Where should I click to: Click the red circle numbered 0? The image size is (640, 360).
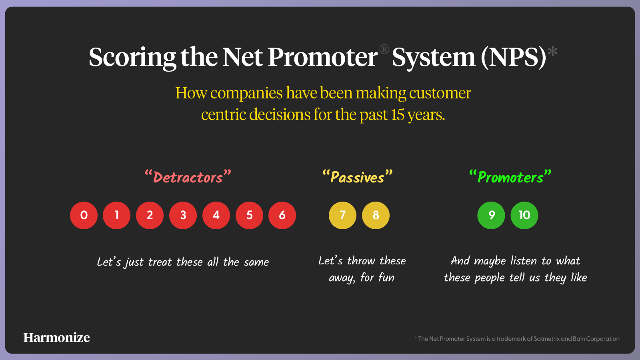(84, 215)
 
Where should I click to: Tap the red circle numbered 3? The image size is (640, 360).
(183, 215)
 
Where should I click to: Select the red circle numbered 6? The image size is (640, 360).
(282, 215)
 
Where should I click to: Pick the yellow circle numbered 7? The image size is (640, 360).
(342, 215)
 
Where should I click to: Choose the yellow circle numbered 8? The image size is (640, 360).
(376, 215)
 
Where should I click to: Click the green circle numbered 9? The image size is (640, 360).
(491, 215)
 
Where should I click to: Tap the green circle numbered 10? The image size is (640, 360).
(524, 215)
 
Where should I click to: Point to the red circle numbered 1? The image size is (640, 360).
(116, 215)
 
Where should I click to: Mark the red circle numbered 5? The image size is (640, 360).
(249, 215)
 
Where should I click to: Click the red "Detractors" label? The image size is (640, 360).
(188, 176)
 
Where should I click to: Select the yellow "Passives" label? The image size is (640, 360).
(358, 176)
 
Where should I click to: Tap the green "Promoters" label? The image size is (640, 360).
(510, 176)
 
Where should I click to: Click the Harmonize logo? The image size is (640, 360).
(56, 338)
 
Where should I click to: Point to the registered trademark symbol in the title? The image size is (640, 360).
(384, 50)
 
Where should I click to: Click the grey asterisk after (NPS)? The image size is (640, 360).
(552, 52)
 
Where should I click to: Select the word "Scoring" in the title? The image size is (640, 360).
(132, 58)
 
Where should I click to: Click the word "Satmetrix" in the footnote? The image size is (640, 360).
(546, 339)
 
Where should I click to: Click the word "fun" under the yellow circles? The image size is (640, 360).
(386, 277)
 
